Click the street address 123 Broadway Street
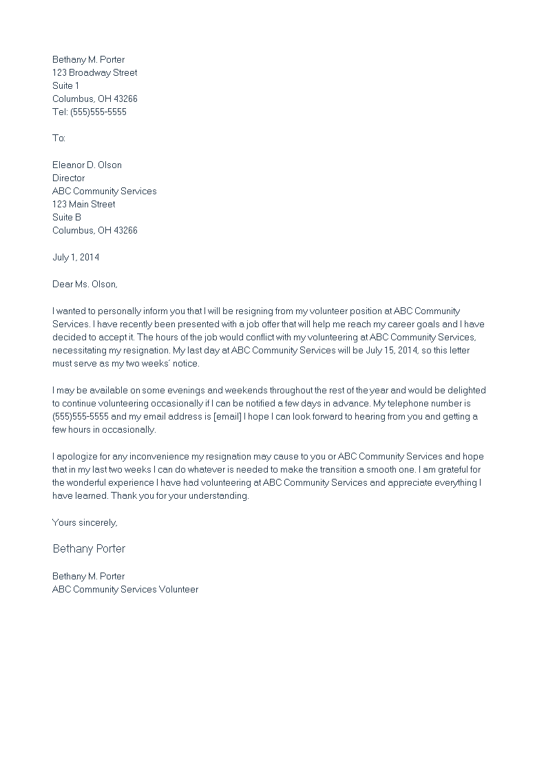click(94, 72)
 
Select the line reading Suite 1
click(65, 85)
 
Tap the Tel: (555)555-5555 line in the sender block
click(90, 112)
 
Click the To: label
click(59, 138)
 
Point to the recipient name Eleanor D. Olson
click(87, 165)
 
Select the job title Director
click(68, 178)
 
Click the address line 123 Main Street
click(83, 204)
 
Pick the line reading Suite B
click(67, 217)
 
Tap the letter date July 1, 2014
click(76, 257)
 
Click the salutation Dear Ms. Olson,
click(85, 283)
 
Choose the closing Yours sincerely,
click(85, 522)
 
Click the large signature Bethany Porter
click(89, 549)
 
